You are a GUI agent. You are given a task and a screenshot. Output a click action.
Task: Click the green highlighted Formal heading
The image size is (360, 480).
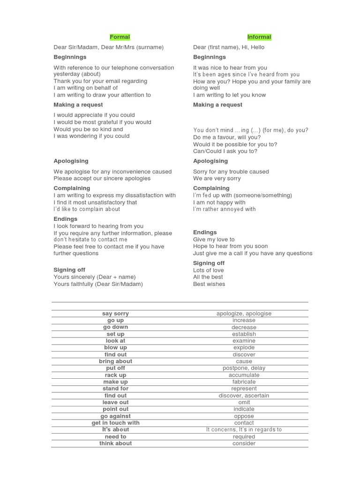[120, 37]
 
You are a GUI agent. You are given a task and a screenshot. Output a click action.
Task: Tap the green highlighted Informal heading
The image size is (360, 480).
[259, 37]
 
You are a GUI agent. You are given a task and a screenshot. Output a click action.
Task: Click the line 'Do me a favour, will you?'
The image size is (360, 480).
[227, 137]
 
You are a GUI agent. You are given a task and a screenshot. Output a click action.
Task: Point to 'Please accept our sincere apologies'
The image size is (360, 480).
[102, 178]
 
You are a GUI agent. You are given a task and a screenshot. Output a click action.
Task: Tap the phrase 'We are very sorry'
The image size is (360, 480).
[217, 178]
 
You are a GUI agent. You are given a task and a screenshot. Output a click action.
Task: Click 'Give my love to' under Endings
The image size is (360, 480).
[214, 239]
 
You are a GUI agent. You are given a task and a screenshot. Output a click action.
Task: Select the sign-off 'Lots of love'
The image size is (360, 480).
[209, 270]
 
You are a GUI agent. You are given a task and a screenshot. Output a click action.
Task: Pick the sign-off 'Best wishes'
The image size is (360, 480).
[209, 284]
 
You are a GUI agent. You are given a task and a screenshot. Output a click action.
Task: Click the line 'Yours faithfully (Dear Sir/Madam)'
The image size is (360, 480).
[98, 284]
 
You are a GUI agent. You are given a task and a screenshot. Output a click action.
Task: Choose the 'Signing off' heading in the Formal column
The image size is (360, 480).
[69, 270]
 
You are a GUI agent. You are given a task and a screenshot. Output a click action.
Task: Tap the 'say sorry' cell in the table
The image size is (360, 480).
[115, 314]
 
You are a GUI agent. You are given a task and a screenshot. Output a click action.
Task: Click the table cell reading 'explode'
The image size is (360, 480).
[244, 348]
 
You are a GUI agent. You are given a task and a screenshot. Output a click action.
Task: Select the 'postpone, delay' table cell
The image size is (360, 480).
[244, 368]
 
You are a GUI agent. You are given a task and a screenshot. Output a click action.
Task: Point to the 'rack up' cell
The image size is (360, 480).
[115, 375]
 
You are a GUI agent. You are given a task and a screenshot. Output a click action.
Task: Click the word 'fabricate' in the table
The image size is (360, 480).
[244, 382]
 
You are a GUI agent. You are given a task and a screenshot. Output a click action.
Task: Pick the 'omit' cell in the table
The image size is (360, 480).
[244, 402]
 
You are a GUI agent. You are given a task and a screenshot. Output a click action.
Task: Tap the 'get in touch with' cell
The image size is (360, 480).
[115, 423]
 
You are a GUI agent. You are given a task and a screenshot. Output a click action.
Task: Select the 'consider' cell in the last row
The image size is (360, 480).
[244, 443]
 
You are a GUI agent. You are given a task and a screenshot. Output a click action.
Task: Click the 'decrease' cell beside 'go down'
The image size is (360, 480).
[244, 327]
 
